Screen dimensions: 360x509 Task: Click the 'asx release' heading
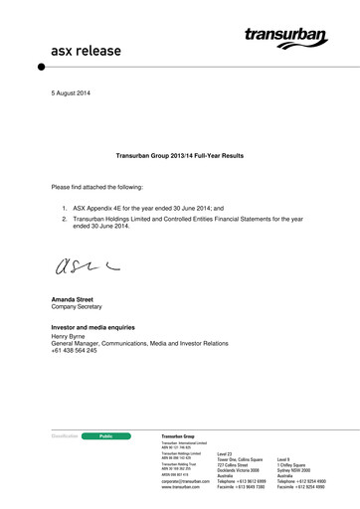(82, 49)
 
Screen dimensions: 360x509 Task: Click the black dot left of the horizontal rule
(42, 67)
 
